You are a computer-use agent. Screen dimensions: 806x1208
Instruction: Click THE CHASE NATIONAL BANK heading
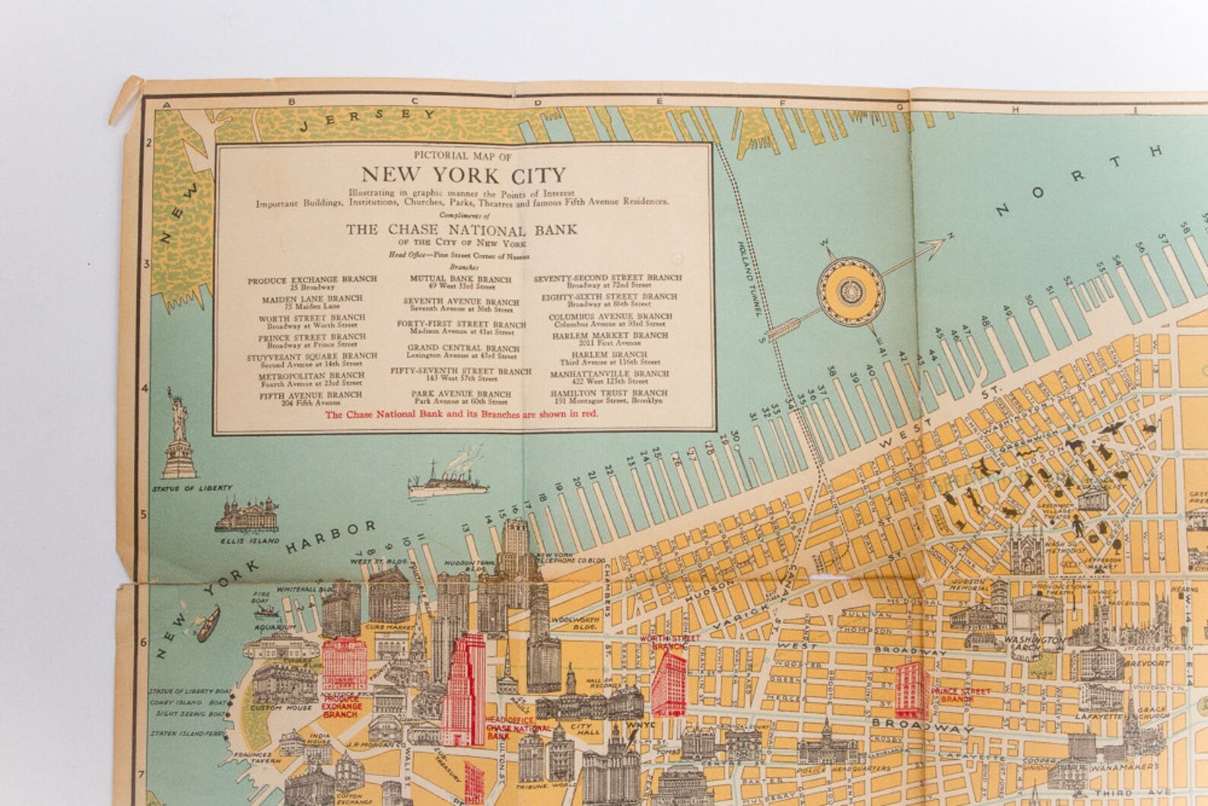click(x=462, y=229)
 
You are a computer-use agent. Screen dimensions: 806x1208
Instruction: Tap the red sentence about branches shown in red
click(x=462, y=414)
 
